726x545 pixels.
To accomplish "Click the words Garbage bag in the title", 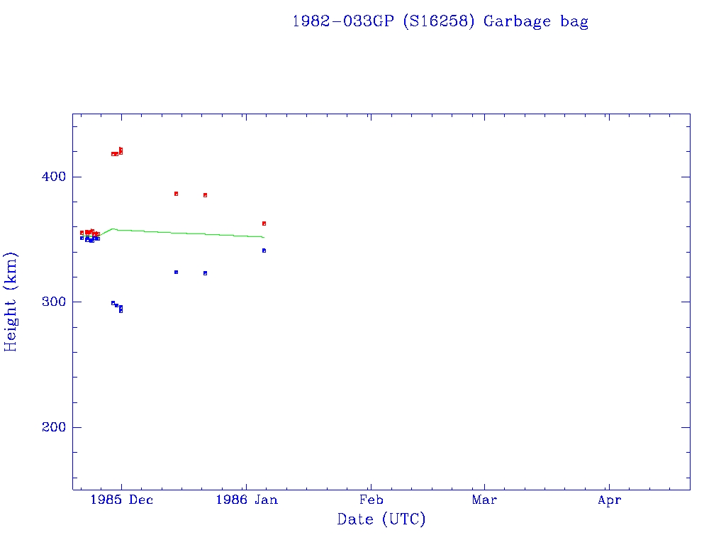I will click(536, 21).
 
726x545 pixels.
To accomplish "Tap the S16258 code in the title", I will click(437, 21).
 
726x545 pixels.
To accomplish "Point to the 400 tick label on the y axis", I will click(51, 176).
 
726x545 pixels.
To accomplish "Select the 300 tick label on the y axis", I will click(51, 302).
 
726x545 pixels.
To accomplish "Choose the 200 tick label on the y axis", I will click(51, 427).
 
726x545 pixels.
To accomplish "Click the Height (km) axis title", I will click(11, 302).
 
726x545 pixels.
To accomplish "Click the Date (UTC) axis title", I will click(381, 519).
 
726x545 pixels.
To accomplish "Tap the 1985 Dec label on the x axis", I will click(121, 500).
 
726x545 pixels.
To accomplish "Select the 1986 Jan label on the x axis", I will click(246, 500).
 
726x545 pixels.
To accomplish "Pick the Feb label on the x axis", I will click(371, 500).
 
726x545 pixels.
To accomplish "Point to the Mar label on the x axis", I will click(485, 500).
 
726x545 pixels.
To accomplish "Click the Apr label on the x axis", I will click(609, 500).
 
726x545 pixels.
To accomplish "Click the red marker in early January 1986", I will click(264, 224).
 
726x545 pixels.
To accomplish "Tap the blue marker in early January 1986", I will click(264, 251).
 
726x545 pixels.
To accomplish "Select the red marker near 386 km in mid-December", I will click(176, 194).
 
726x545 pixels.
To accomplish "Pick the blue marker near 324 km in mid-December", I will click(176, 272).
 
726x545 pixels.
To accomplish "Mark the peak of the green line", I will click(113, 229).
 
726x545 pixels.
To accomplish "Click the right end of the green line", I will click(264, 237).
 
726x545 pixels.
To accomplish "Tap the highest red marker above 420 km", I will click(121, 149).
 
